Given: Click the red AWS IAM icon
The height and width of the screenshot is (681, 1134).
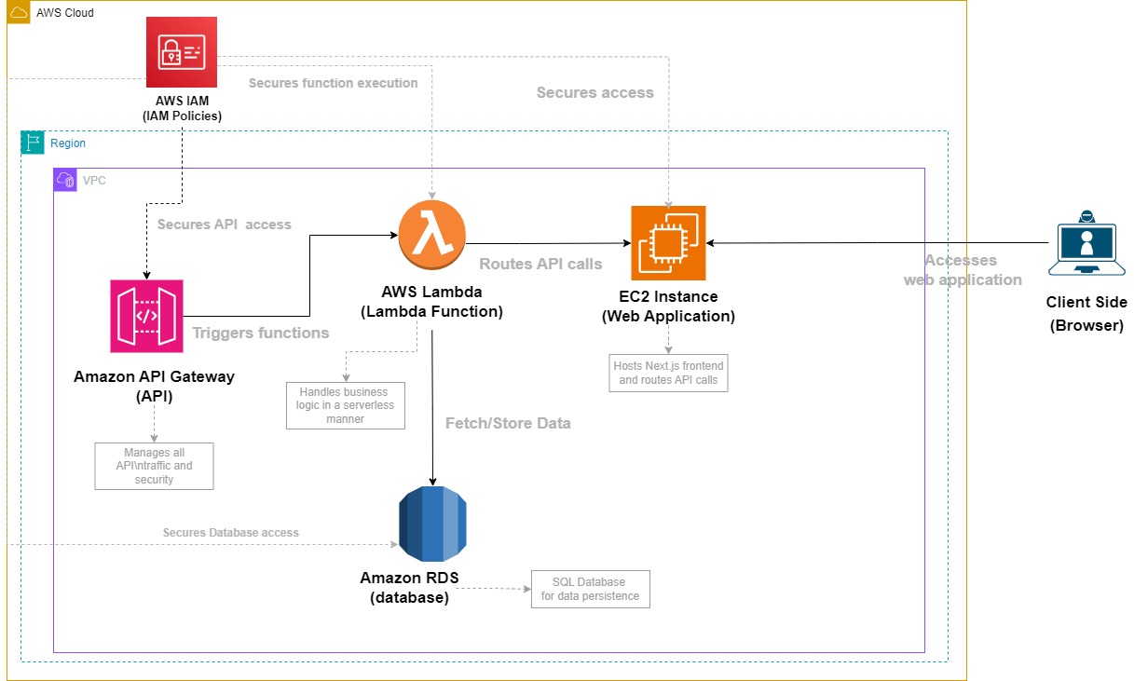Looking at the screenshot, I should (182, 53).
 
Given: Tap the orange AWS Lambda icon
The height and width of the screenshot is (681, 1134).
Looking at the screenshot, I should (431, 233).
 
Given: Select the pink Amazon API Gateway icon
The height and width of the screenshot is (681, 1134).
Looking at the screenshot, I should (146, 316).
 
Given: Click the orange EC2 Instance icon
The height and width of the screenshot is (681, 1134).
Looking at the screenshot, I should (668, 243).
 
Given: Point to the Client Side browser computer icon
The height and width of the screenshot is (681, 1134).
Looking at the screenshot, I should (1086, 243).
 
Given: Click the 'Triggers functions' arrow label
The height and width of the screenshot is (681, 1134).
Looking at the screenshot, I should (260, 333).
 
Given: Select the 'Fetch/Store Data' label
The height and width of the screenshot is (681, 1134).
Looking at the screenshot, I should (508, 423).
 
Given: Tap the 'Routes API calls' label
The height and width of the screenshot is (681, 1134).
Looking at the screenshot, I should (540, 264).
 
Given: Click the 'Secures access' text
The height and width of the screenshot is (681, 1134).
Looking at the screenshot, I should (594, 92).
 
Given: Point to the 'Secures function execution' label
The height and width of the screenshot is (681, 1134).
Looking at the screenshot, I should (333, 83).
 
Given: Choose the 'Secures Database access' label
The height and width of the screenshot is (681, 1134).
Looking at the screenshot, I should (230, 533).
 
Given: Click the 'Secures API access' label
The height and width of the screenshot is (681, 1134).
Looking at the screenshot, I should (224, 225).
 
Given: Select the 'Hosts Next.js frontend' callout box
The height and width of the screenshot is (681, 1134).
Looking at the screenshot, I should (668, 373).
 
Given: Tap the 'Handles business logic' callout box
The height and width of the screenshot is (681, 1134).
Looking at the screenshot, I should (346, 405).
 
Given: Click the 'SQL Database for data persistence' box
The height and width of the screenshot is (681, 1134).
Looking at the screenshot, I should (590, 589).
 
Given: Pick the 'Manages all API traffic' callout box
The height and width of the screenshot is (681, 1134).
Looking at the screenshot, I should (154, 466).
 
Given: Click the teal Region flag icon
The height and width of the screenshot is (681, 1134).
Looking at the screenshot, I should (33, 143).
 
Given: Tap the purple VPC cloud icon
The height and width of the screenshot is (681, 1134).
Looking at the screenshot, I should (65, 180).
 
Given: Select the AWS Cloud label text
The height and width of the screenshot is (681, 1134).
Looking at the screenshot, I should (65, 13).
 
